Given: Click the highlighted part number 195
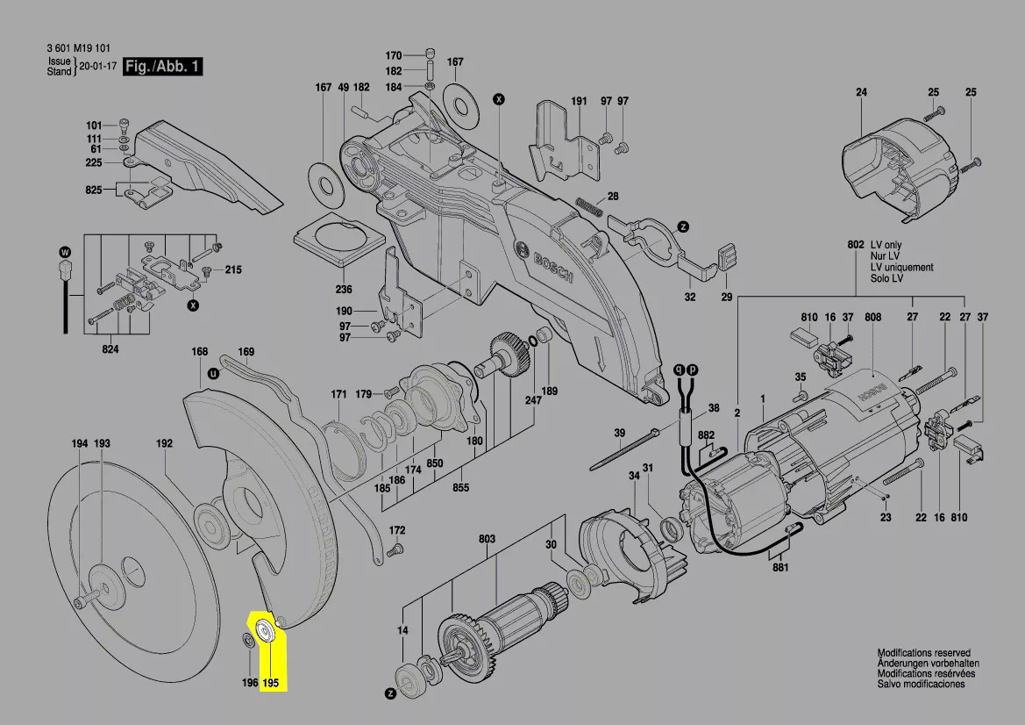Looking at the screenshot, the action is click(x=271, y=683).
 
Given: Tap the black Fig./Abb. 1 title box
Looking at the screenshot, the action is click(x=163, y=66).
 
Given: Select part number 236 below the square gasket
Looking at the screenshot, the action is click(x=343, y=289).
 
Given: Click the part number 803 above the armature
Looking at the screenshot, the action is click(x=487, y=539).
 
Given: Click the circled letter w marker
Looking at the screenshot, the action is click(x=65, y=253).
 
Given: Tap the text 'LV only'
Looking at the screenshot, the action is click(x=886, y=245).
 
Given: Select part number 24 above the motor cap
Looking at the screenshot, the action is click(x=861, y=92).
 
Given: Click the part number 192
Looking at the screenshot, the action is click(x=164, y=443).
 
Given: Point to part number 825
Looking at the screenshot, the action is click(x=94, y=190).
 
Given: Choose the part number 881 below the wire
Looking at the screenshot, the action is click(x=780, y=567).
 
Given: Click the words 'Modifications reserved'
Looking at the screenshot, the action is click(x=923, y=652).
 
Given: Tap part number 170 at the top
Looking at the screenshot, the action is click(x=393, y=55).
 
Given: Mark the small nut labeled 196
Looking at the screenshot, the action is click(x=248, y=639).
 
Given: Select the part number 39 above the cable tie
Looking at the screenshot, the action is click(x=620, y=433).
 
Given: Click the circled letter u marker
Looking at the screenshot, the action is click(x=213, y=374).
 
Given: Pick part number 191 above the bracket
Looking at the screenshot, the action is click(x=579, y=101).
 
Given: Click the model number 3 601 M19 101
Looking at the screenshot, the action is click(x=78, y=48).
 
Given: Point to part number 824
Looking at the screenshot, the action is click(x=110, y=349).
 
